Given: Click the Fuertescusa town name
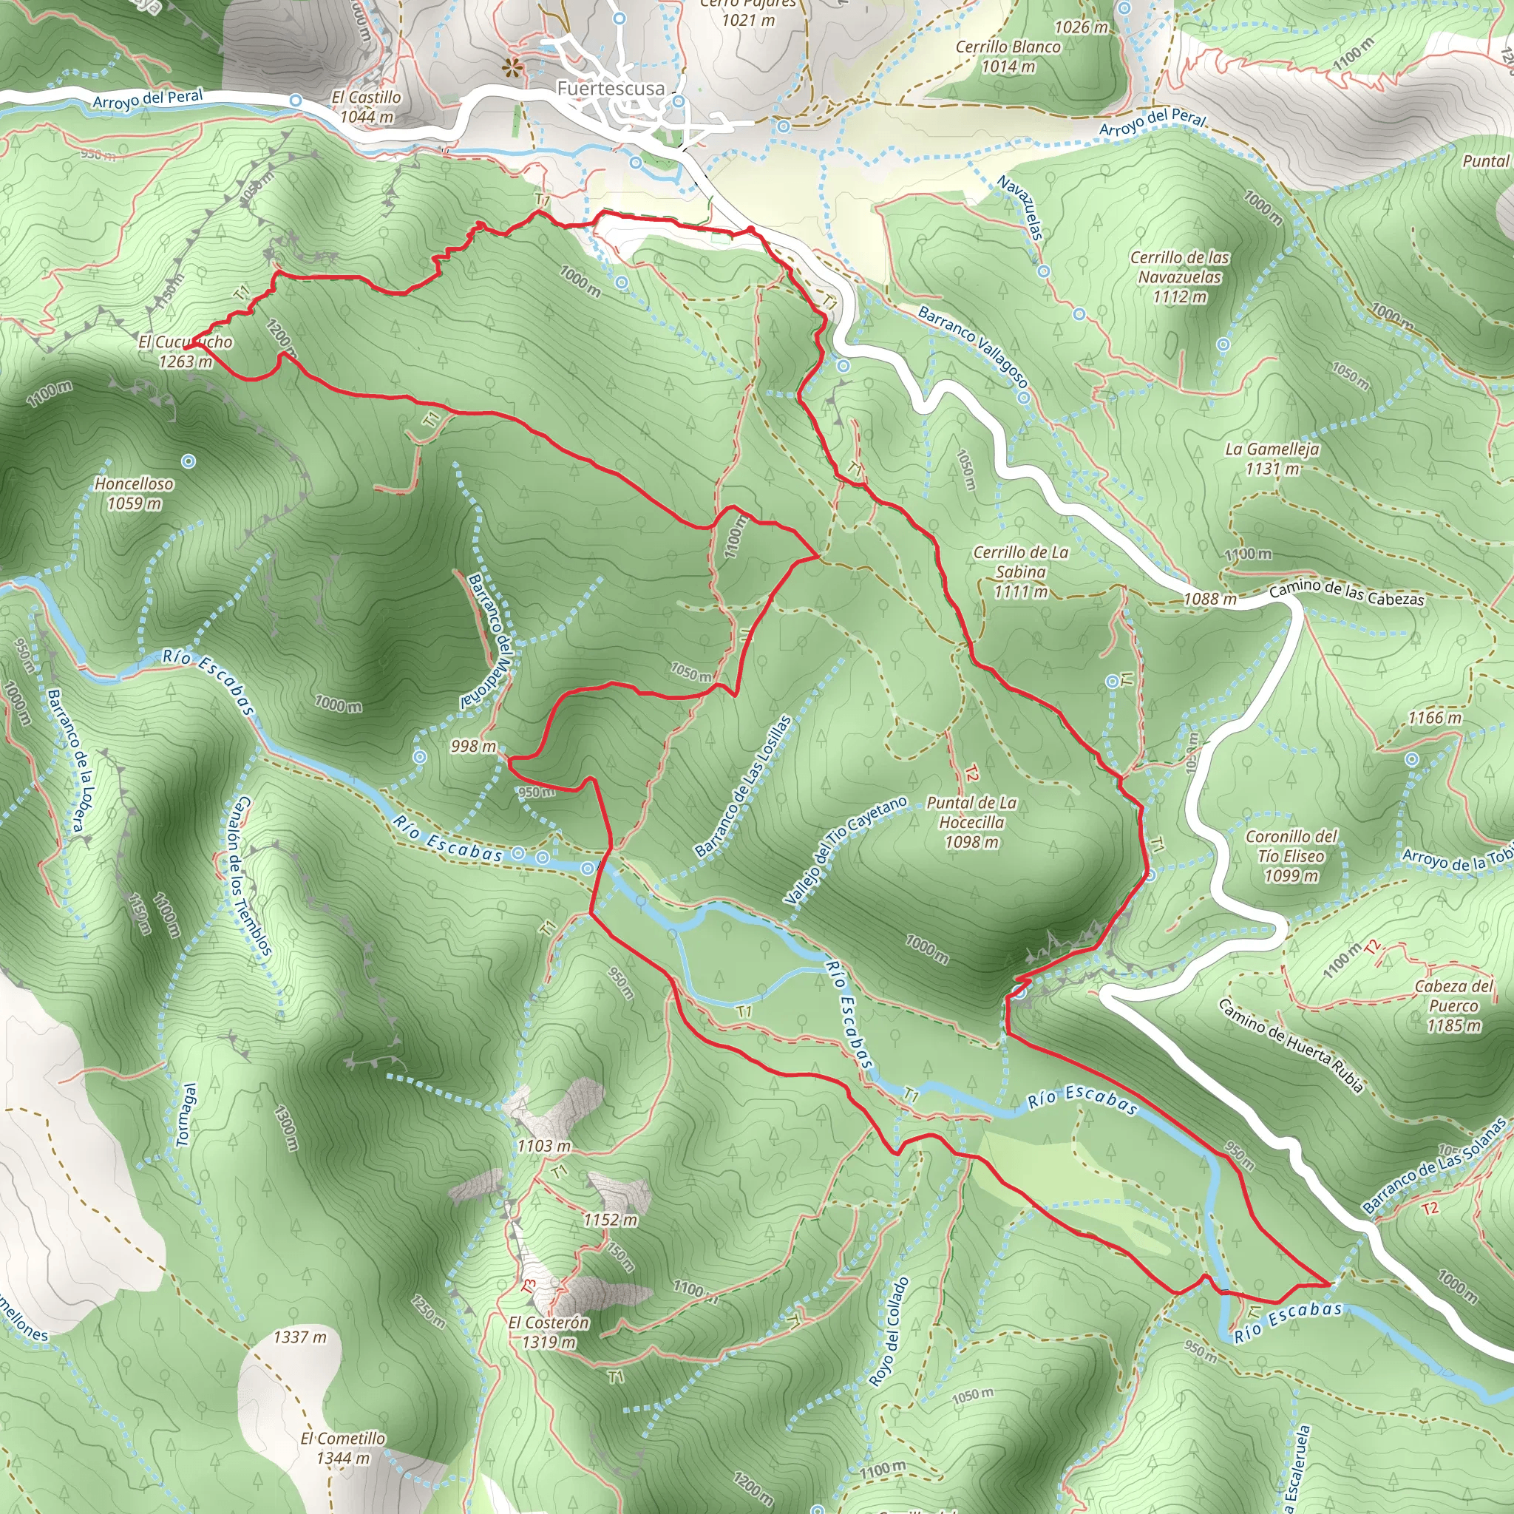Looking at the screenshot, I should coord(611,89).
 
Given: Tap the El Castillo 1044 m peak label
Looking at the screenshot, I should coord(366,107).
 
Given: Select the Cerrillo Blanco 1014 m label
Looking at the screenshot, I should coord(1008,56).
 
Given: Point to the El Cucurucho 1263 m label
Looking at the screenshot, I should coord(185,352).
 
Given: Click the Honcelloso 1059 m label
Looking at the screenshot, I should coord(134,494).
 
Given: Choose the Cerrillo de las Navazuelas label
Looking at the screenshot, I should coord(1179,276).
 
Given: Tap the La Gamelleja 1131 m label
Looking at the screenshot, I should coord(1272,459).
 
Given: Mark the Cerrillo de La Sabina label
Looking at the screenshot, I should coord(1020,572).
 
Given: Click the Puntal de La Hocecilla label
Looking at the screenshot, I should coord(971,822).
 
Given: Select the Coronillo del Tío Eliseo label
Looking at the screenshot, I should coord(1291,856).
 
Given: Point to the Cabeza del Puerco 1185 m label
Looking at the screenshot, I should coord(1453,1005).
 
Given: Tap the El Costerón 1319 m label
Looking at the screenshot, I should coord(549,1332).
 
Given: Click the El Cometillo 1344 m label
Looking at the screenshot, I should coord(342,1448).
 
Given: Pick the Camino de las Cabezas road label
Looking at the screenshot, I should coord(1346,592).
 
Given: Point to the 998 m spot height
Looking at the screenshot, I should coord(473,746).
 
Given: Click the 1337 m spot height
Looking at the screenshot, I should coord(299,1337).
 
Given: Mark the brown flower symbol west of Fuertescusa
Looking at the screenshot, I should coord(513,67).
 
